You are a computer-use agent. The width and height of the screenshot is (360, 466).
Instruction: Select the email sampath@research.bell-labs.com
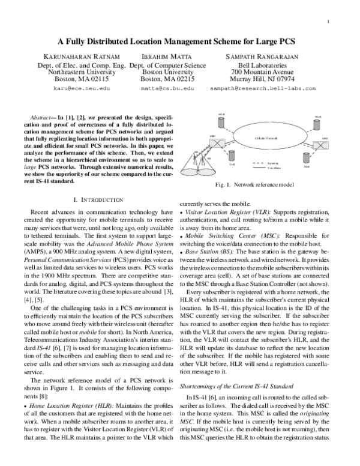point(262,88)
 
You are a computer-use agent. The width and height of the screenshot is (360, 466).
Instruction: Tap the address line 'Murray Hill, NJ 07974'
point(262,79)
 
